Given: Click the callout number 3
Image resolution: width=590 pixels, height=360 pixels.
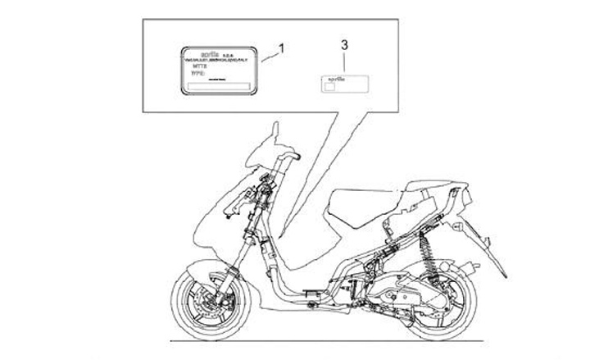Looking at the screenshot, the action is click(x=345, y=43).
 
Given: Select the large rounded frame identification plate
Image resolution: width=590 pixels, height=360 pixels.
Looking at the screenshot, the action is click(x=217, y=72).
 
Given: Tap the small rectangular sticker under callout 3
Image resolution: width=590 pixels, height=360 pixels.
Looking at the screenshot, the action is click(x=343, y=83).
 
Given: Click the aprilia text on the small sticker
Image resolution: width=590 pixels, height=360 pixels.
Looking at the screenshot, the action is click(x=334, y=79).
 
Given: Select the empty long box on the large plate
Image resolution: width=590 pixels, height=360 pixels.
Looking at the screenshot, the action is click(x=218, y=86).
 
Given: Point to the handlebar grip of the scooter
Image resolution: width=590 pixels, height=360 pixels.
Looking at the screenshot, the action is click(x=290, y=155).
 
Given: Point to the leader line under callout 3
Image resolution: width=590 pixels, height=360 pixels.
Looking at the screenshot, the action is click(x=345, y=61).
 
